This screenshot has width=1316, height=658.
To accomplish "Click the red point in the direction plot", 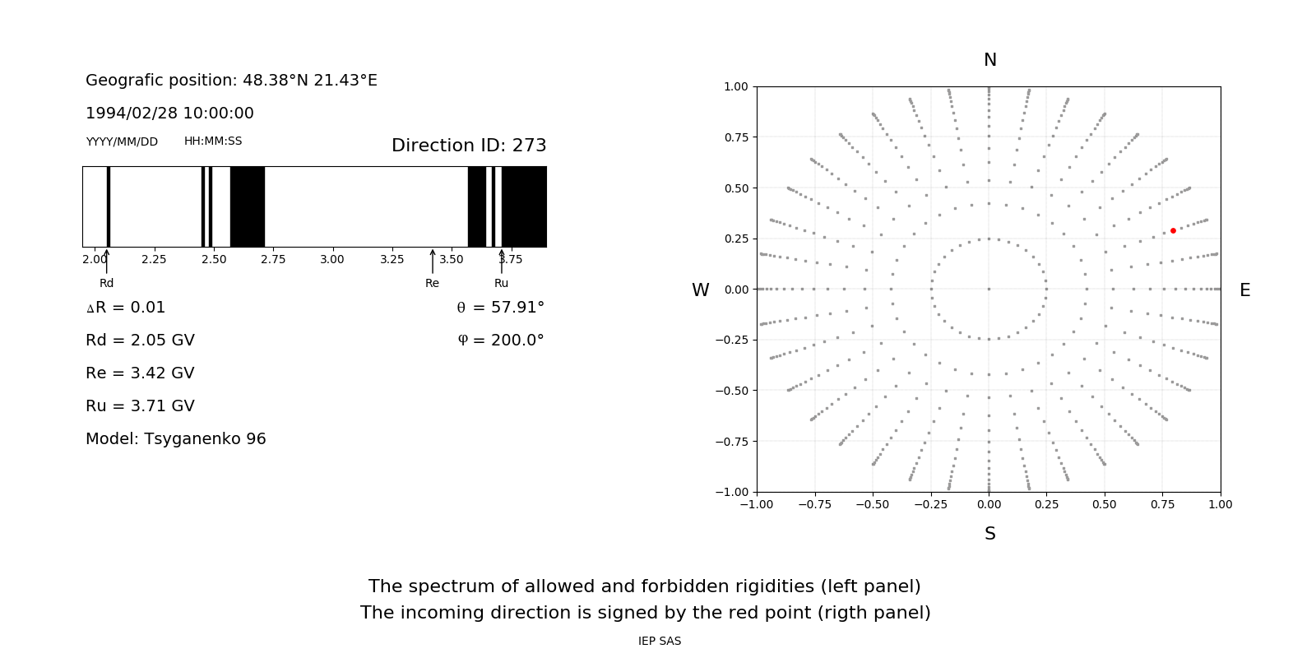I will pyautogui.click(x=1173, y=231).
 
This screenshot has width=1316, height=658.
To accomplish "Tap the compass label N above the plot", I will pyautogui.click(x=990, y=60).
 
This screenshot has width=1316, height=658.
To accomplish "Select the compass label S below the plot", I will pyautogui.click(x=990, y=534).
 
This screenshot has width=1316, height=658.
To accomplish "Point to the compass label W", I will pyautogui.click(x=700, y=290).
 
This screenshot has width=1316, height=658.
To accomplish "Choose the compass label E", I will pyautogui.click(x=1244, y=290).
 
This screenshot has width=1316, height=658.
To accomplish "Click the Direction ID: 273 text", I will pyautogui.click(x=469, y=146).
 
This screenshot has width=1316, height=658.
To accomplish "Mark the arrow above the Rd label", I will pyautogui.click(x=106, y=261).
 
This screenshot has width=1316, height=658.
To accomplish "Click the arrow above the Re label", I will pyautogui.click(x=433, y=261).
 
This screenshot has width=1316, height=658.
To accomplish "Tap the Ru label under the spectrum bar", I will pyautogui.click(x=501, y=284).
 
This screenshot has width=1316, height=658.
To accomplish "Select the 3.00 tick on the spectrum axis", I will pyautogui.click(x=332, y=259).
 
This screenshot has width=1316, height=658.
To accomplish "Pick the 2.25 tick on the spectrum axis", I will pyautogui.click(x=154, y=259).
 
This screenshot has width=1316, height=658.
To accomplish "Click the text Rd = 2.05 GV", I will pyautogui.click(x=140, y=341).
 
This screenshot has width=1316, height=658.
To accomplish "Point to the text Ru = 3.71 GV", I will pyautogui.click(x=140, y=406).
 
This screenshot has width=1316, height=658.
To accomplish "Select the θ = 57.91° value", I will pyautogui.click(x=500, y=308).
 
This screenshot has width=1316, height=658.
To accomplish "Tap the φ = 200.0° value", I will pyautogui.click(x=501, y=341).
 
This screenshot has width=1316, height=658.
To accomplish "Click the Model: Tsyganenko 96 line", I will pyautogui.click(x=176, y=439).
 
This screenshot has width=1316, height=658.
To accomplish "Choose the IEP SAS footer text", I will pyautogui.click(x=660, y=642).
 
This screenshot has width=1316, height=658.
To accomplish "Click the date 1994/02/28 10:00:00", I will pyautogui.click(x=169, y=114).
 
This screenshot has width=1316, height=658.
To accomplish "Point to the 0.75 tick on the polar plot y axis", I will pyautogui.click(x=736, y=137).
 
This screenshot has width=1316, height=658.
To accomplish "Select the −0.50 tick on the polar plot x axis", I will pyautogui.click(x=873, y=504).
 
